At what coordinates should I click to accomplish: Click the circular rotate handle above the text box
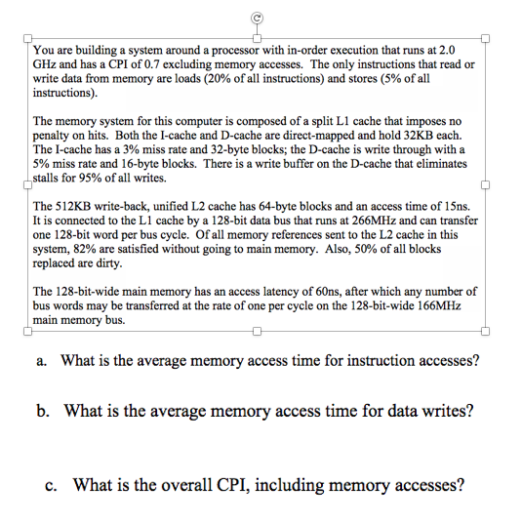257,18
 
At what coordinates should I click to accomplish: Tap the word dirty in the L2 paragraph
109,263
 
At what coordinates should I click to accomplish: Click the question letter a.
41,361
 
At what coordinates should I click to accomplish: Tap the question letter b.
43,411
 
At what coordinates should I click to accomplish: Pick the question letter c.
51,486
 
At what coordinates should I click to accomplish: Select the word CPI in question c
233,485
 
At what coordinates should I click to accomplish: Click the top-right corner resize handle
485,38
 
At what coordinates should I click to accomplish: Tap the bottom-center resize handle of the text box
257,331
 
